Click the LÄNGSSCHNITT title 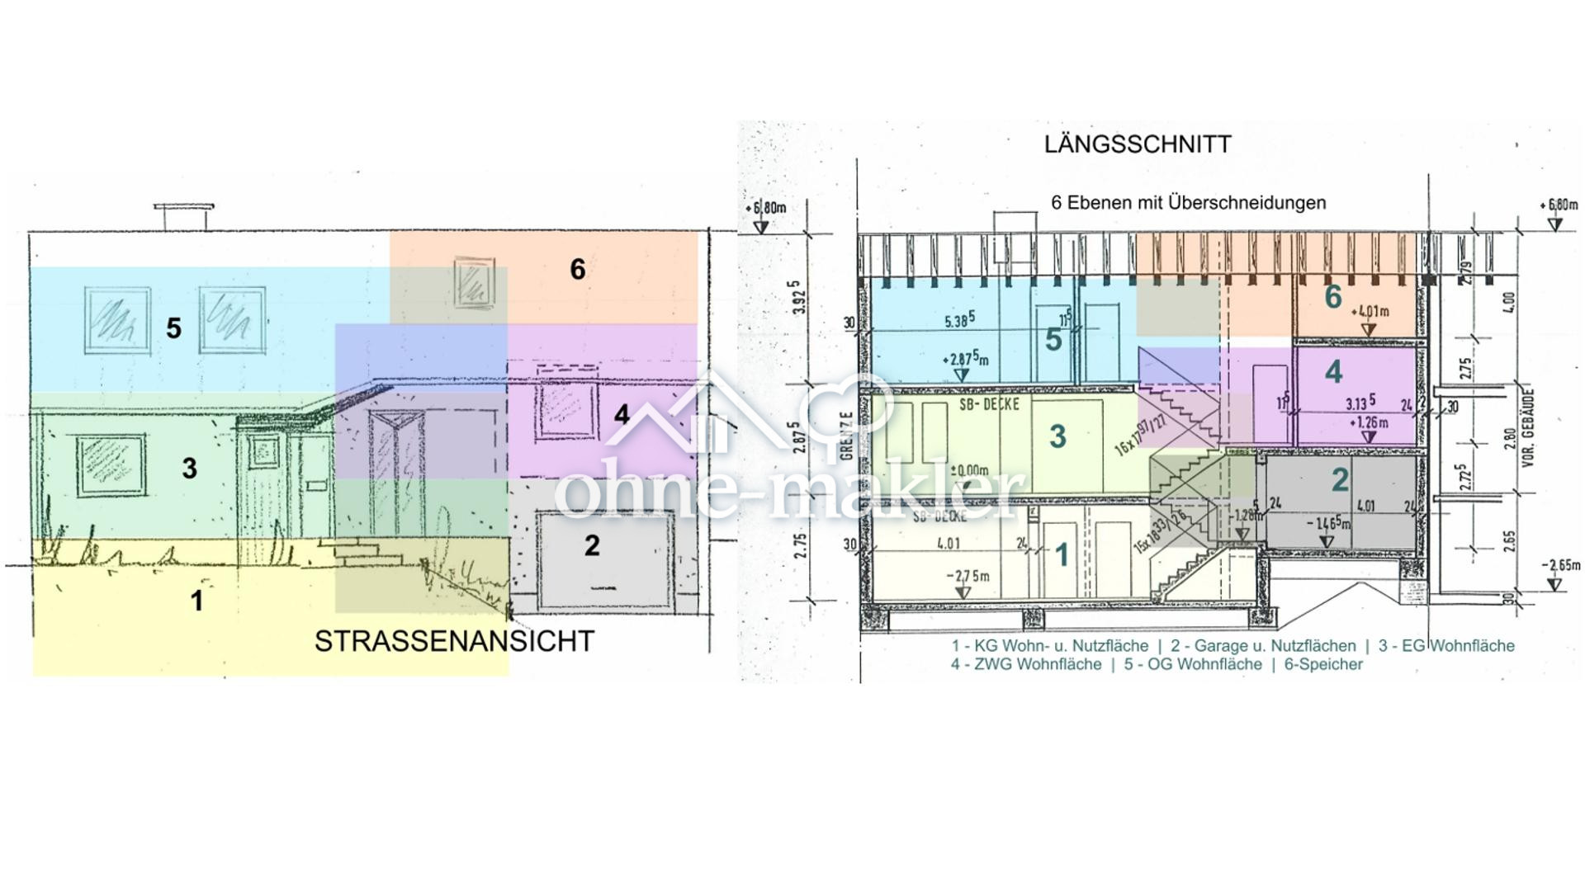1138,144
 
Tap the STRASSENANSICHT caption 454,641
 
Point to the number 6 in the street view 578,269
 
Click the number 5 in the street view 173,328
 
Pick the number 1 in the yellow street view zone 196,601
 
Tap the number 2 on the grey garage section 1340,479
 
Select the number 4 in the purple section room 1333,373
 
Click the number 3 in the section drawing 1057,437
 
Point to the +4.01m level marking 1370,312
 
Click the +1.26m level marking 1369,423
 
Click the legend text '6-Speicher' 1323,664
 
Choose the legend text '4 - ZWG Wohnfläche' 1025,664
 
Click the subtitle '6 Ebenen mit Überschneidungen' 1188,203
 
